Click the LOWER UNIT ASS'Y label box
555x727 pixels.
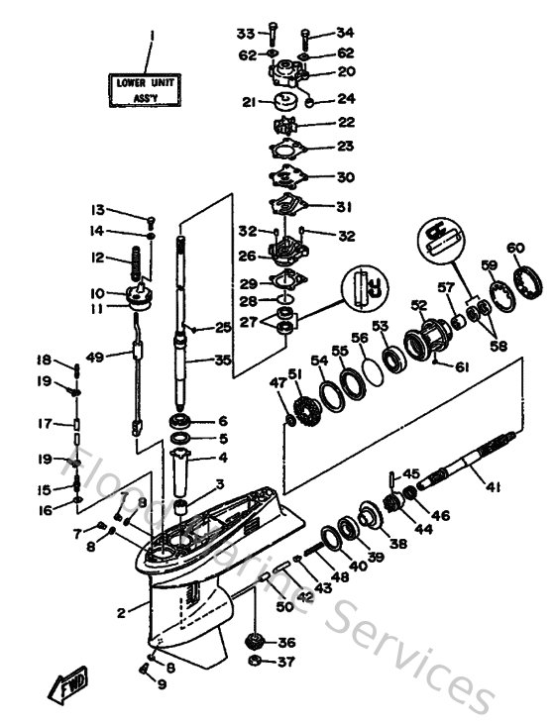[x=145, y=91]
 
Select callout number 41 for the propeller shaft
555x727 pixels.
[x=494, y=485]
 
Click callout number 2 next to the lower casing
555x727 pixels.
[x=120, y=614]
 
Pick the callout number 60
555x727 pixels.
[x=514, y=248]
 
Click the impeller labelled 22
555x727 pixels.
[x=285, y=126]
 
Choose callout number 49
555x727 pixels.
[x=95, y=357]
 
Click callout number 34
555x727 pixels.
[x=344, y=33]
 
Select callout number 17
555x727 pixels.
[x=45, y=424]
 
